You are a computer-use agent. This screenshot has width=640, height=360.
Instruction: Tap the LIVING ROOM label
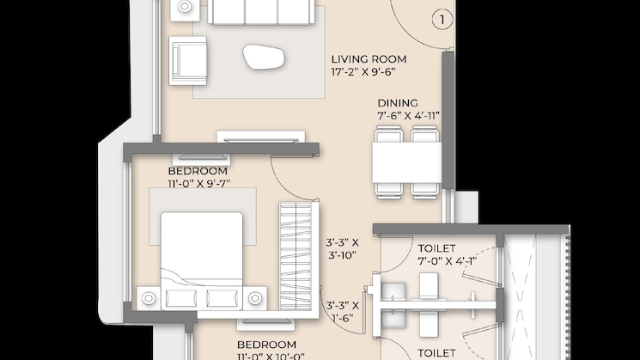click(x=369, y=59)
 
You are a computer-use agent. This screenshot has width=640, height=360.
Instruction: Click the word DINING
click(x=398, y=101)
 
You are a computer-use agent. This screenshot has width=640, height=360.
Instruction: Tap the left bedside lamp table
click(x=149, y=298)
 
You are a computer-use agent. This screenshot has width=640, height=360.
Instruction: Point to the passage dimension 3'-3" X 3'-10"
click(x=342, y=249)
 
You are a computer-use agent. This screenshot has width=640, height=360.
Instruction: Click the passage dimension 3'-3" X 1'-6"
click(x=342, y=310)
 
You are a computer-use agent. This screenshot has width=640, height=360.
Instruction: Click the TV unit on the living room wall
click(x=259, y=137)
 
